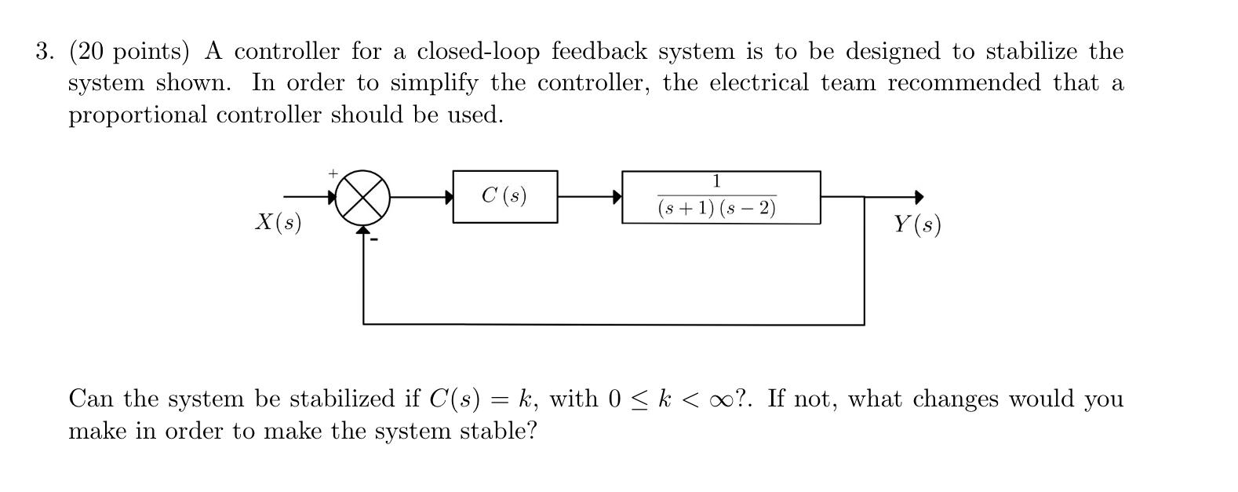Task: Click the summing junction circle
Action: coord(362,197)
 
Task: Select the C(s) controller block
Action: coord(504,196)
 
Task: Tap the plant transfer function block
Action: coord(720,197)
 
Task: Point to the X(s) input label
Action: coord(279,222)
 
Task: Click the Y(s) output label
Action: coord(916,225)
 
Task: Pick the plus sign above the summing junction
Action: coord(333,172)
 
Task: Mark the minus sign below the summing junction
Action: coord(374,238)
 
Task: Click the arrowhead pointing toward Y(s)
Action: coord(919,197)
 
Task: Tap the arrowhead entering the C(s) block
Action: coord(449,197)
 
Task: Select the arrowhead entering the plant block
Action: coord(617,197)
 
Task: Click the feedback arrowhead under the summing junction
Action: coord(362,230)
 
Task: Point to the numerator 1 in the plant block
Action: coord(715,182)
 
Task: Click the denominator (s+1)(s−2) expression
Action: coord(716,209)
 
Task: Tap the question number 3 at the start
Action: coord(44,52)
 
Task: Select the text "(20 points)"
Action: coord(129,52)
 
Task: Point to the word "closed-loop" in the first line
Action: coord(478,52)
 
